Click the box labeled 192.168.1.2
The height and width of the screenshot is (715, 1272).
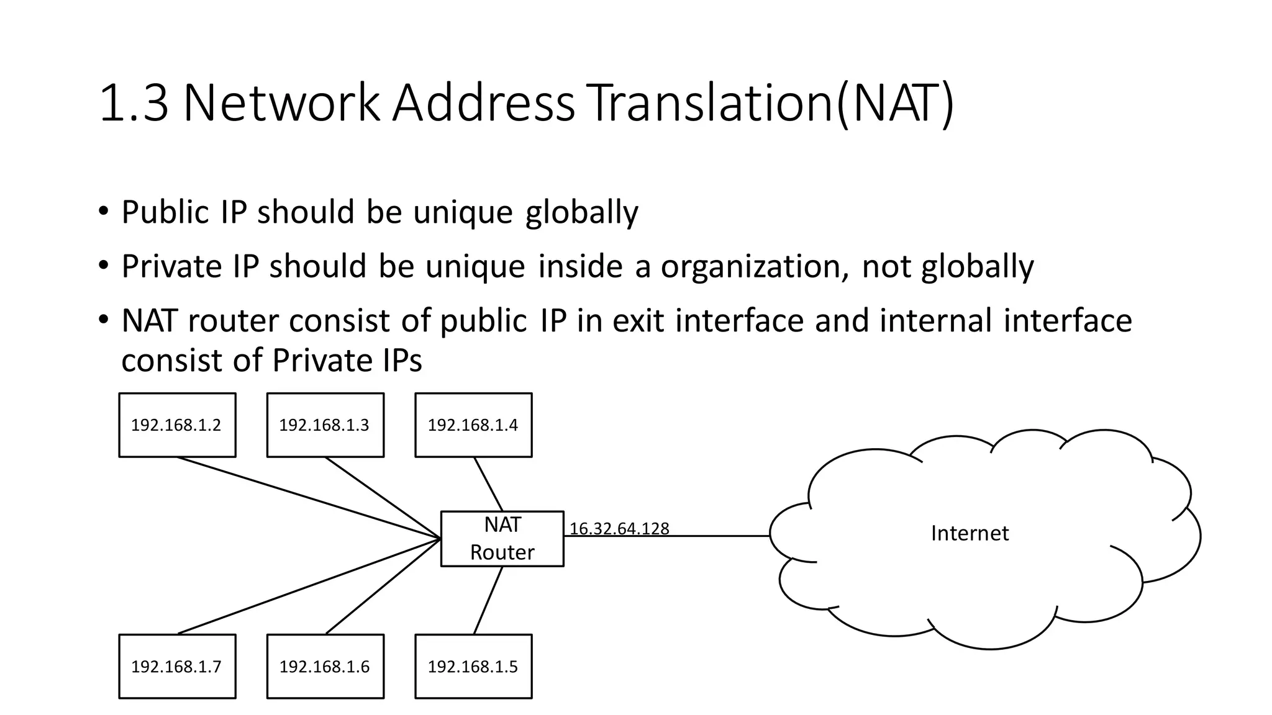[x=177, y=425]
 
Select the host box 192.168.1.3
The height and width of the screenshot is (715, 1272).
[x=325, y=425]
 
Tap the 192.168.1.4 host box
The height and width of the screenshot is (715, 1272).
[x=473, y=425]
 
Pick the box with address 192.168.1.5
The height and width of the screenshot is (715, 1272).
[x=473, y=666]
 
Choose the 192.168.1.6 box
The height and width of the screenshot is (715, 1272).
[x=325, y=666]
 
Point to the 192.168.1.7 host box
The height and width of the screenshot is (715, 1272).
[x=177, y=666]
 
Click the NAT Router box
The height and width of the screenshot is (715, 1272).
[x=502, y=538]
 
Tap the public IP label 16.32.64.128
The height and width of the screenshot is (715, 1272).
[x=619, y=529]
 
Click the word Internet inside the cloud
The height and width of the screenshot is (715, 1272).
[x=970, y=533]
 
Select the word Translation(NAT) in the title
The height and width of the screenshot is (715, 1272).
[x=769, y=103]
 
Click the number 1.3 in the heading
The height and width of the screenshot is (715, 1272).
[x=134, y=103]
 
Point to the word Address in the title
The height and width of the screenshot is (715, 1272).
[x=484, y=103]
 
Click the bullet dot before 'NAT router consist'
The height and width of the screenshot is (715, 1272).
[x=103, y=320]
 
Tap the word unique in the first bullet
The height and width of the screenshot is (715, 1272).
[x=463, y=212]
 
